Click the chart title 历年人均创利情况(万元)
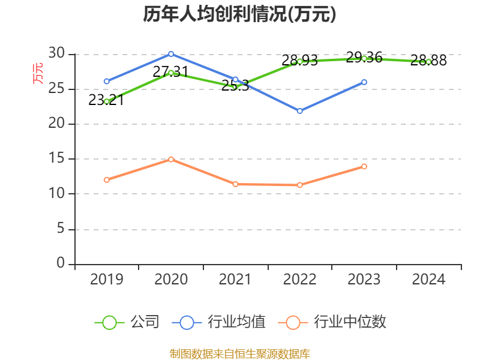click(x=239, y=14)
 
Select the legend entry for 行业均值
click(x=219, y=322)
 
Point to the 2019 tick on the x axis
click(x=107, y=279)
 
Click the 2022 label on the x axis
click(x=299, y=279)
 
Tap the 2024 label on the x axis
click(x=428, y=279)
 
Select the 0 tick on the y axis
click(x=60, y=264)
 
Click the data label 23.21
click(x=106, y=100)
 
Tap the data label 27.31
click(x=170, y=72)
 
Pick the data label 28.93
click(x=299, y=61)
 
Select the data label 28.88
click(x=428, y=61)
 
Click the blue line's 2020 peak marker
click(x=171, y=54)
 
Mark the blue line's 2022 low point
click(x=299, y=111)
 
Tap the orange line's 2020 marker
click(x=171, y=159)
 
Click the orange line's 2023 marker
click(x=364, y=166)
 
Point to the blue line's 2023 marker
click(x=364, y=82)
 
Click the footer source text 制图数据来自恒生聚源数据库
click(x=239, y=353)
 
